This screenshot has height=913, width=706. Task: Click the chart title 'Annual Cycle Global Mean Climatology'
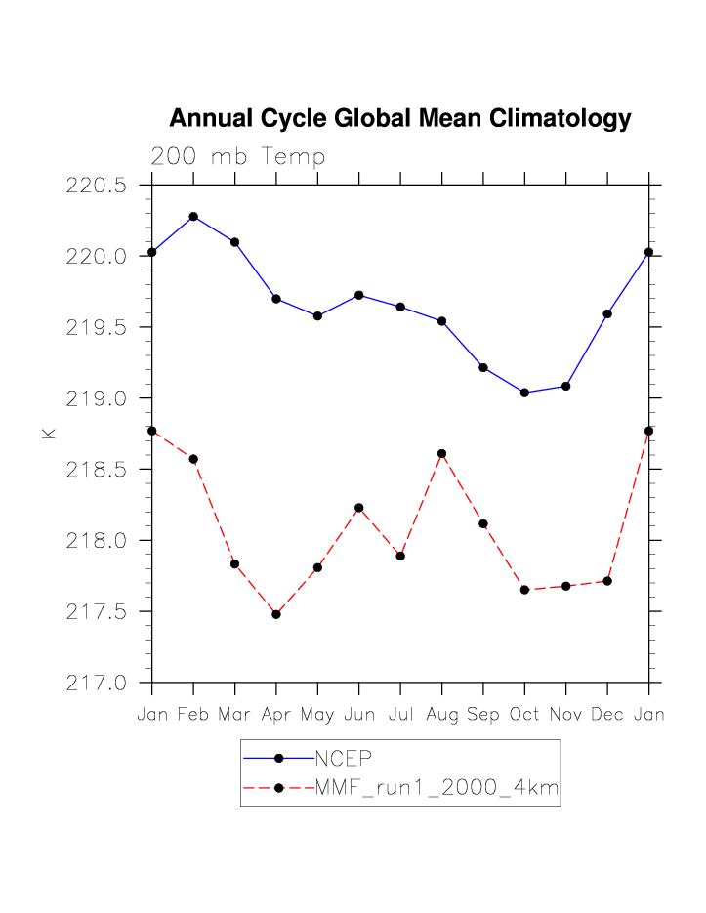400,119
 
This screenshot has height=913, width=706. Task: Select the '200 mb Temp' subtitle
237,157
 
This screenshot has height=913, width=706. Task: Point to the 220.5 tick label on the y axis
97,186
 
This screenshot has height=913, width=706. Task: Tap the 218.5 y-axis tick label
97,470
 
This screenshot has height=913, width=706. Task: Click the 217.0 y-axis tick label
97,683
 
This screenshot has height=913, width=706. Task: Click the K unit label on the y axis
49,433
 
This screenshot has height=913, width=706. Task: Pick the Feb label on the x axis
193,715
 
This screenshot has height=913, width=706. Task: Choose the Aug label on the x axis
442,715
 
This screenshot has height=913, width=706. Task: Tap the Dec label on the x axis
608,715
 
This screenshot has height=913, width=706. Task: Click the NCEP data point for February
193,217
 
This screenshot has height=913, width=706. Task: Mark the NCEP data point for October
525,393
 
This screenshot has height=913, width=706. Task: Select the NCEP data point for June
359,295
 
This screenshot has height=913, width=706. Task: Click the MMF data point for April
276,614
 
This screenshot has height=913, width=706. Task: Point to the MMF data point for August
442,453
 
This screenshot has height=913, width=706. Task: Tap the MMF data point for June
359,508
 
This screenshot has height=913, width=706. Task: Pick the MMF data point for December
608,581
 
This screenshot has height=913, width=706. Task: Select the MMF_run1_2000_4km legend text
436,788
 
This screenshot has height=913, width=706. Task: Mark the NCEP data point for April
276,299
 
